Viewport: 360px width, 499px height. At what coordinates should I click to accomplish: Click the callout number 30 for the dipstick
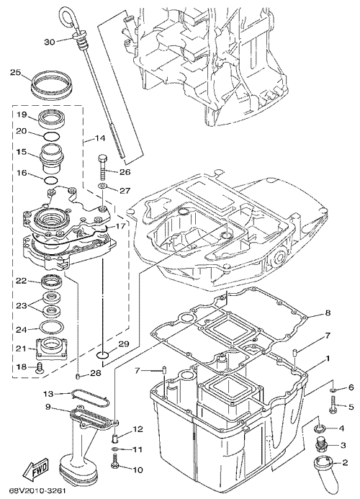50,42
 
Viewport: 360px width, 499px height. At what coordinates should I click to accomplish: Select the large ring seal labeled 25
53,84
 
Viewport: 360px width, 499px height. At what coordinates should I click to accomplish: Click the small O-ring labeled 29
103,354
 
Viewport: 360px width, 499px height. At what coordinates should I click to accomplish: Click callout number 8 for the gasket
328,313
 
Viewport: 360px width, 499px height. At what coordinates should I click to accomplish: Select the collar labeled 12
116,438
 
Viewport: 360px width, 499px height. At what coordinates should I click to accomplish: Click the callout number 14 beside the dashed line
99,138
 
